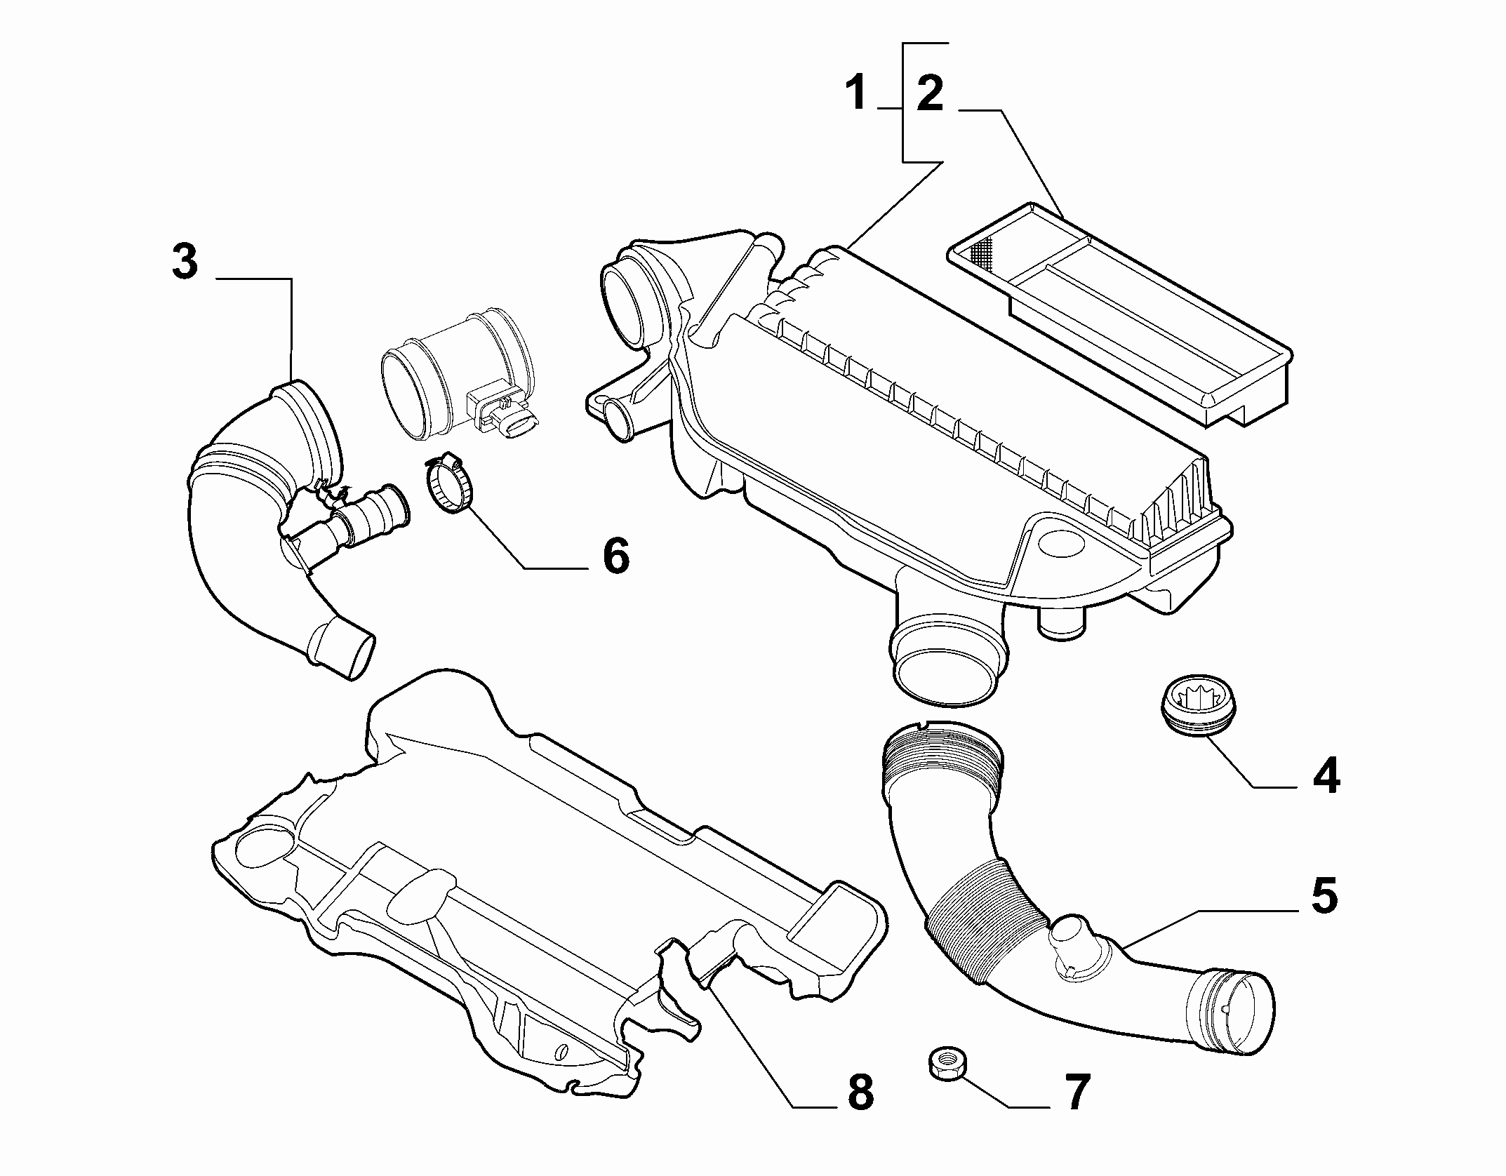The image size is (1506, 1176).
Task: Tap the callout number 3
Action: point(185,262)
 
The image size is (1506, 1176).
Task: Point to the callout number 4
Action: point(1325,777)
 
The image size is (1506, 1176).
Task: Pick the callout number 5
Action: point(1324,896)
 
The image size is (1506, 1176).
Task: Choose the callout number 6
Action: point(615,556)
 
